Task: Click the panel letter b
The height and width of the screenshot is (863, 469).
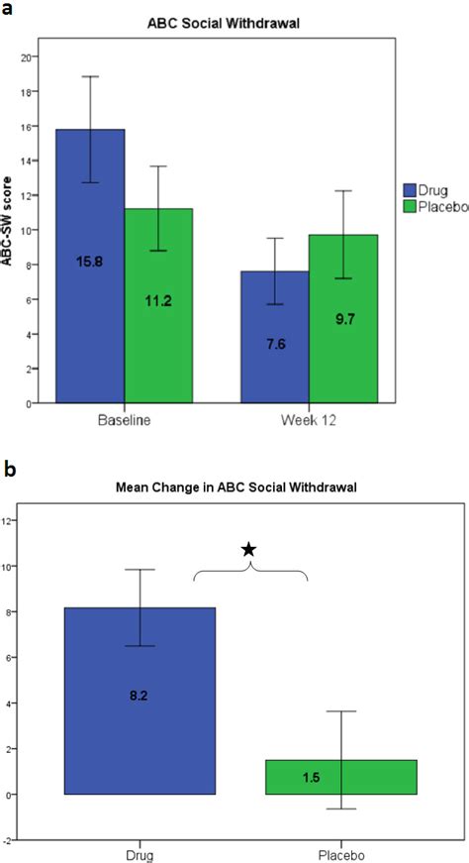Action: point(9,465)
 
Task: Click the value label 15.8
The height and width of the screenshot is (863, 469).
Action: point(90,262)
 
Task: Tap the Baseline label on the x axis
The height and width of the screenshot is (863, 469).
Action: point(124,421)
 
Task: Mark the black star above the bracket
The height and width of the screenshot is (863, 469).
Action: point(249,549)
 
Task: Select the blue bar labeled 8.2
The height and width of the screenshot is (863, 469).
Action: point(140,701)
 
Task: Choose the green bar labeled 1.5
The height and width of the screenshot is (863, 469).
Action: point(339,777)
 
